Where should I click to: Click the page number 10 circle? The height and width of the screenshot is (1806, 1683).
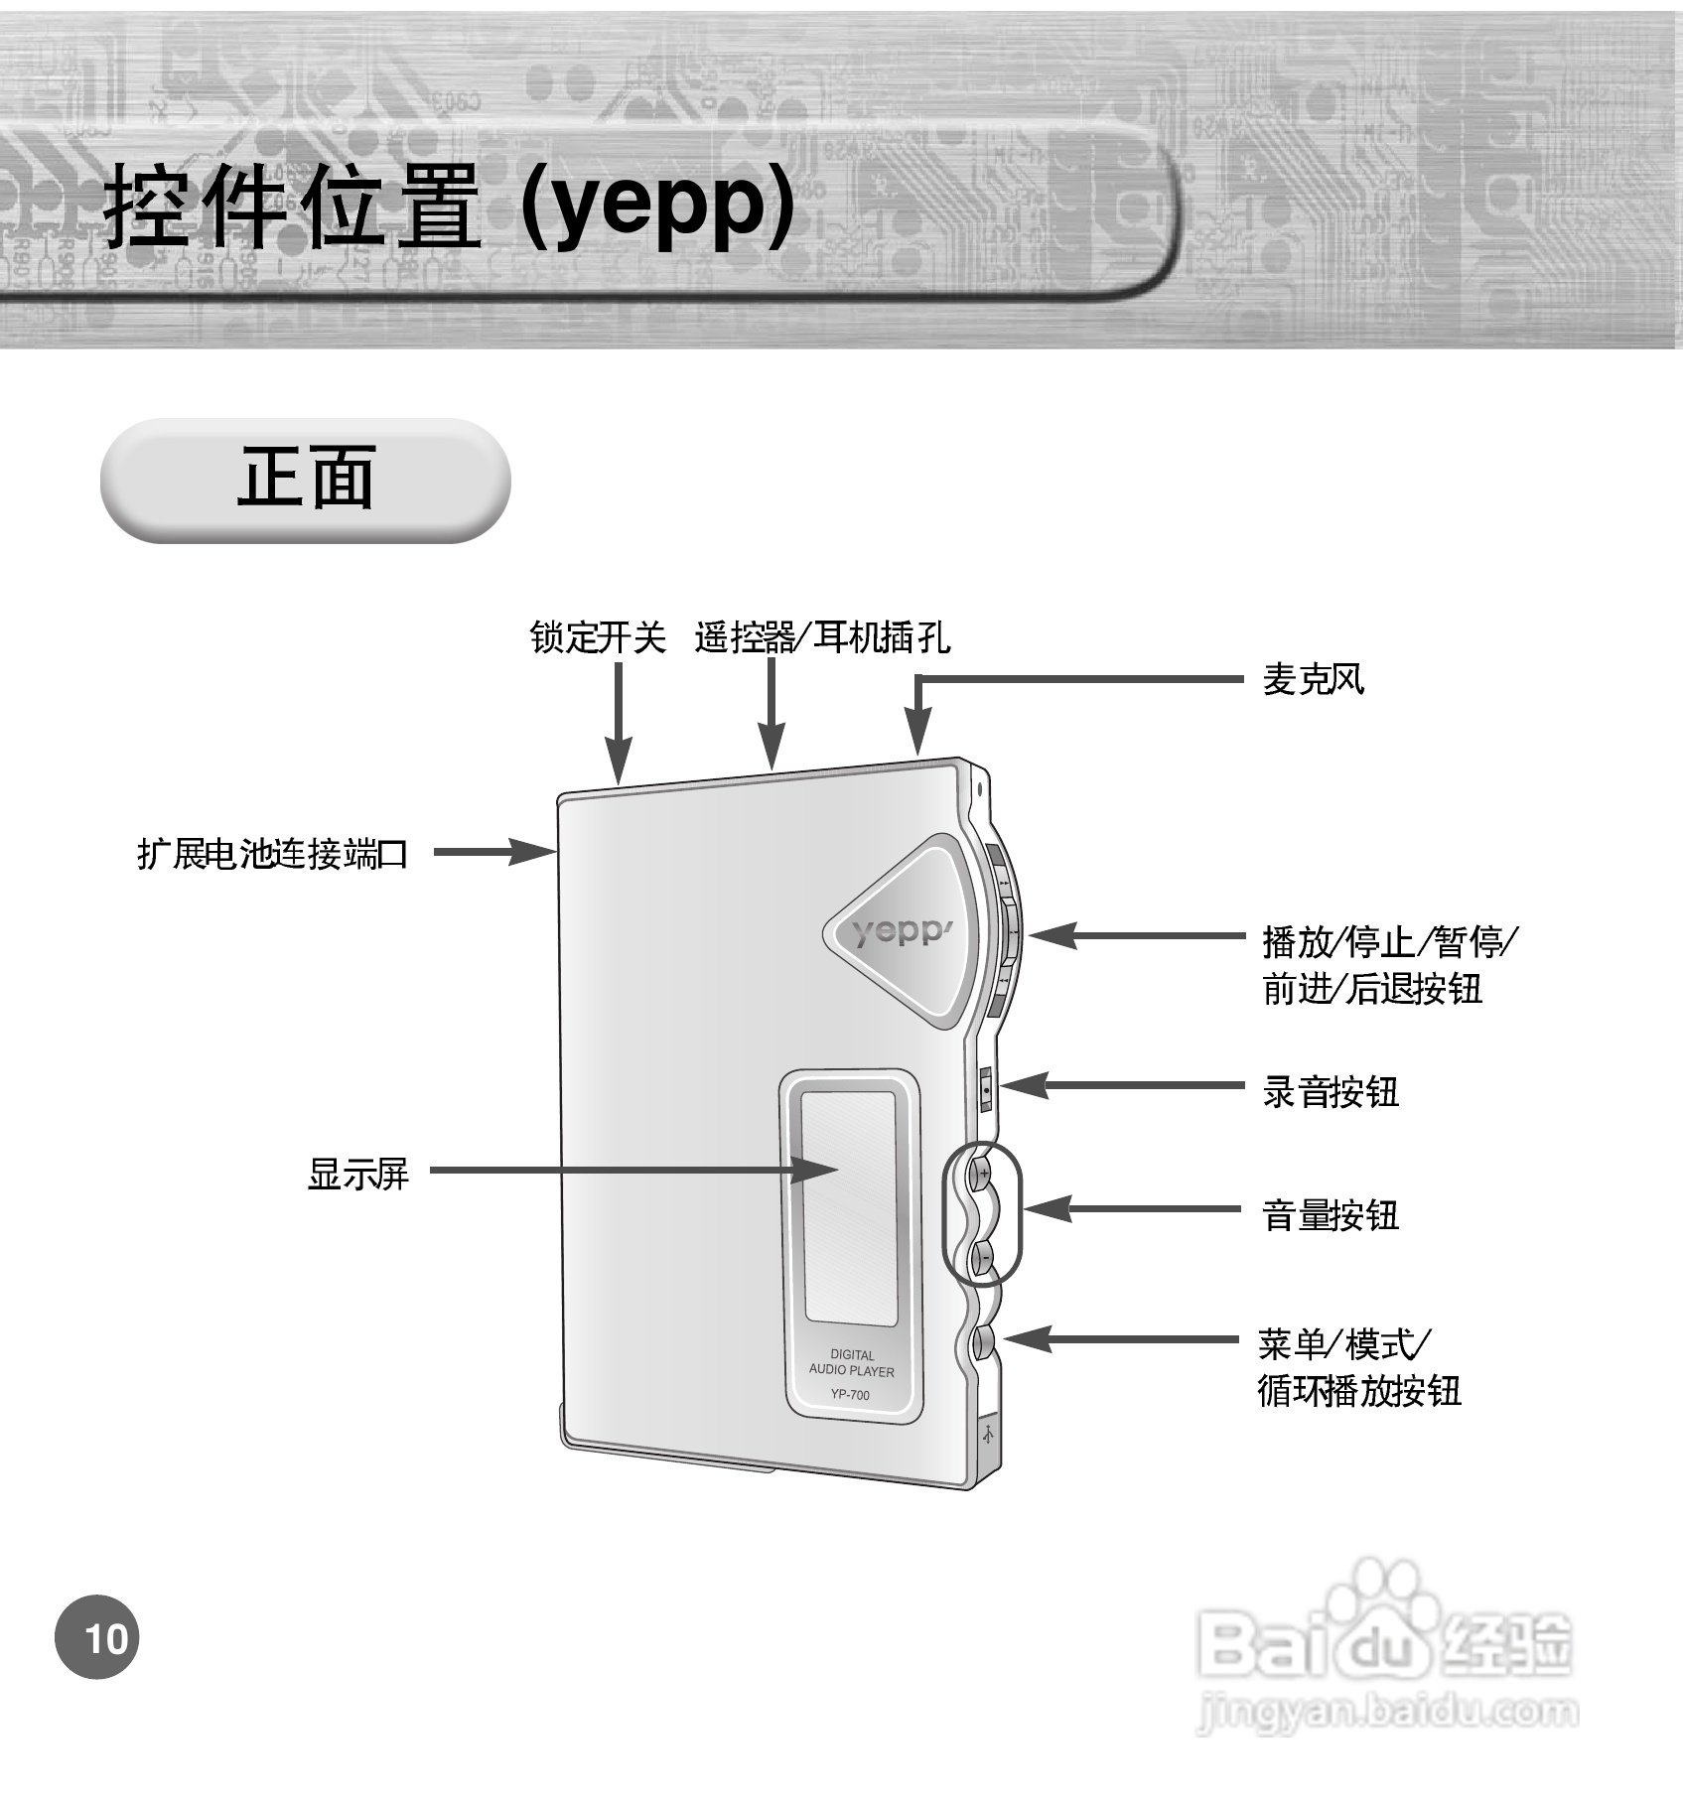coord(97,1637)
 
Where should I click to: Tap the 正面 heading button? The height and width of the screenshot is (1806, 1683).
coord(305,480)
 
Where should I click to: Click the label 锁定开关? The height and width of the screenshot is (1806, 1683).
coord(597,637)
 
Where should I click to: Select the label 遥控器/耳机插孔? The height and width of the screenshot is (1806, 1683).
coord(821,637)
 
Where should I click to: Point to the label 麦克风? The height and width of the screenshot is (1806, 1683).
coord(1313,680)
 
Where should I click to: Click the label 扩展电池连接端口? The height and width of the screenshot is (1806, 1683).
coord(272,853)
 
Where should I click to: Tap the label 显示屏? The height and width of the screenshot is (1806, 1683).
coord(357,1174)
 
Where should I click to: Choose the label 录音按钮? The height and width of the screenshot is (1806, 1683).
coord(1330,1092)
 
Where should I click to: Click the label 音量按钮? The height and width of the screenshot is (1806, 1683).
coord(1330,1214)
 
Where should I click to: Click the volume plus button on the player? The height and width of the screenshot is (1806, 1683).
coord(982,1173)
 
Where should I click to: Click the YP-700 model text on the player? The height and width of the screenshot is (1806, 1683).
coord(850,1395)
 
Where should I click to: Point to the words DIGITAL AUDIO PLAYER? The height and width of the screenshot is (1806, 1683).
coord(851,1362)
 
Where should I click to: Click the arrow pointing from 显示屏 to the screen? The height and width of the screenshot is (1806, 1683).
coord(635,1171)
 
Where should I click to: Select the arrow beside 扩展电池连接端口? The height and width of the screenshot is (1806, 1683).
coord(493,852)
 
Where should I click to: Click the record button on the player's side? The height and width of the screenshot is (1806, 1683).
coord(985,1088)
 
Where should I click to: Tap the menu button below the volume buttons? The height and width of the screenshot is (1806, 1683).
coord(984,1341)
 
